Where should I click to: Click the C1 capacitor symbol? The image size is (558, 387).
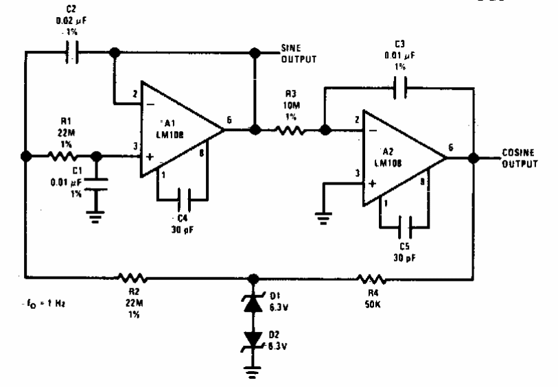[x=96, y=183]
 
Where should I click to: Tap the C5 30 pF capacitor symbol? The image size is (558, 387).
[x=404, y=224]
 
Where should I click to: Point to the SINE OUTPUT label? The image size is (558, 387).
[x=299, y=54]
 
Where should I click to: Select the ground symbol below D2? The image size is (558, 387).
[x=254, y=372]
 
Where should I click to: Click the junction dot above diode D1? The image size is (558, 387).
[x=254, y=279]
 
